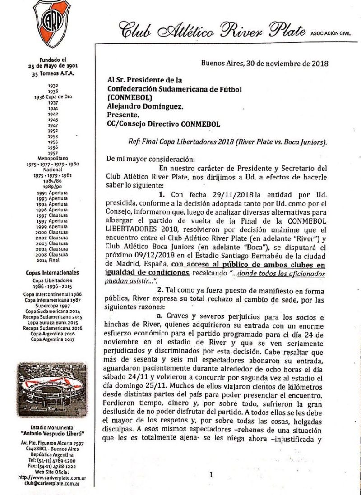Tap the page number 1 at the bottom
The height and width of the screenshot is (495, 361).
pos(211,474)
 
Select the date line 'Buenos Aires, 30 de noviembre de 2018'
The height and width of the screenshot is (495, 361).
pos(264,63)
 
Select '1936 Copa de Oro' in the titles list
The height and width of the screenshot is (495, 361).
pos(53,96)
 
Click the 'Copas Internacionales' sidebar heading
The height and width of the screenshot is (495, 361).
pos(53,272)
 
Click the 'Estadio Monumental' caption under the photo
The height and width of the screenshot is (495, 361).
pos(52,427)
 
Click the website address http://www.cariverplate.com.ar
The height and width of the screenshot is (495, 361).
pos(52,477)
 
